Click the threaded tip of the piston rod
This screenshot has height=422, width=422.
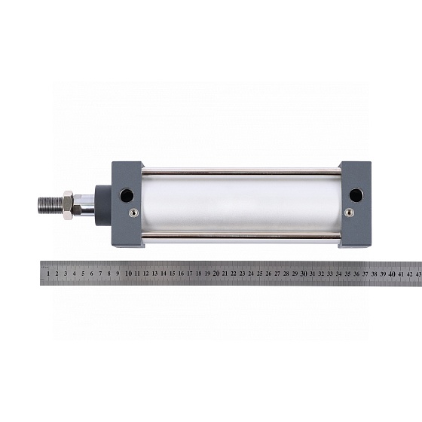point(50,206)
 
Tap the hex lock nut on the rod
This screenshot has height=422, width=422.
point(68,205)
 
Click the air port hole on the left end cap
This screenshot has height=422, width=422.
point(127,195)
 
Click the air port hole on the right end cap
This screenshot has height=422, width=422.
point(356,195)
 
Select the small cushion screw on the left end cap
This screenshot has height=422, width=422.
point(134,213)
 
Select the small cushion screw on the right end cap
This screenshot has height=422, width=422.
point(350,213)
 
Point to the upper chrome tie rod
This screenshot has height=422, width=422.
point(241,171)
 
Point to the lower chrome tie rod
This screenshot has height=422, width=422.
point(241,236)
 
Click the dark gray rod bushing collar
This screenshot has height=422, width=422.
point(103,205)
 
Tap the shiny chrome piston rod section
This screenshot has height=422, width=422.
point(84,205)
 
